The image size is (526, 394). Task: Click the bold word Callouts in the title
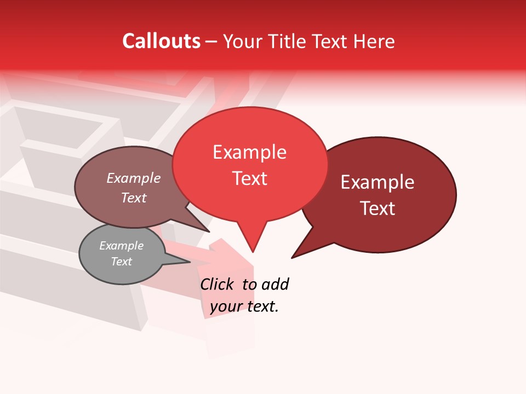(161, 41)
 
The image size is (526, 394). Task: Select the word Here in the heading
(374, 41)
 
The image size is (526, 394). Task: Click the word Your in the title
(244, 42)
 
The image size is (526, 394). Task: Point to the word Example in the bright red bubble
(249, 152)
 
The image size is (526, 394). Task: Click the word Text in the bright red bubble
(249, 178)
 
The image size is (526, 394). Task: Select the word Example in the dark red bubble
(378, 182)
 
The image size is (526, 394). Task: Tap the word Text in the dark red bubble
(378, 208)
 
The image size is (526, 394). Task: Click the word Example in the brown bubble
(134, 178)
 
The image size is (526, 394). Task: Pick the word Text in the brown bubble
(134, 198)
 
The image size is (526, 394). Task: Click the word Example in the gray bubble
(121, 246)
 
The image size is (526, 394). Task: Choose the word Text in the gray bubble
(121, 262)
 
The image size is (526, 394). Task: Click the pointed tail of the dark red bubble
(296, 254)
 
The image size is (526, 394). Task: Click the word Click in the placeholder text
(216, 284)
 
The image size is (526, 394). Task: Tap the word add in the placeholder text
(275, 284)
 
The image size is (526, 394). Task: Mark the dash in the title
(212, 42)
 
